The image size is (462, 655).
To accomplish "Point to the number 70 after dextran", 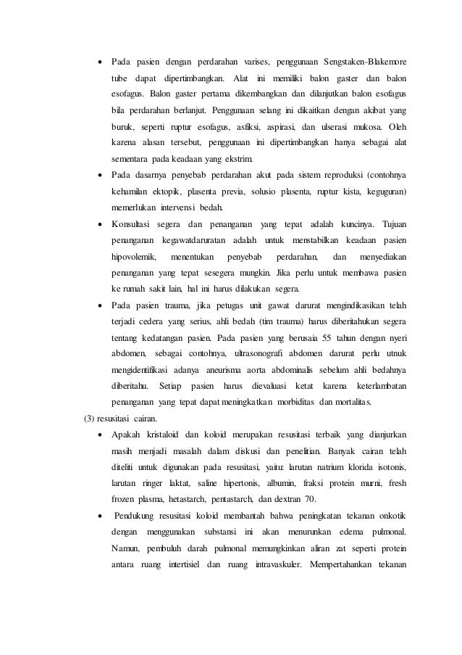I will (311, 486).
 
